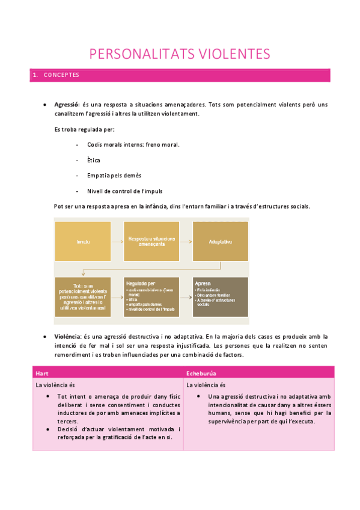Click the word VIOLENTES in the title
click(x=231, y=54)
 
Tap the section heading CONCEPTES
click(x=61, y=75)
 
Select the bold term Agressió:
click(x=67, y=105)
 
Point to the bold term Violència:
click(x=67, y=337)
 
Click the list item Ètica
click(x=93, y=160)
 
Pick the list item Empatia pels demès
click(x=114, y=176)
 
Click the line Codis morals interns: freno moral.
click(x=133, y=144)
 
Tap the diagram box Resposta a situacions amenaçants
click(x=151, y=241)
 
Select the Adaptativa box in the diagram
click(x=220, y=241)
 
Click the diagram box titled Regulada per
click(x=151, y=296)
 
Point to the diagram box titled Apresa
click(x=220, y=296)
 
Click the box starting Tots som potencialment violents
click(x=83, y=296)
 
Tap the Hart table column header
click(x=42, y=373)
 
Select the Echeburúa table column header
click(x=202, y=373)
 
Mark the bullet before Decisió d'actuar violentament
click(x=48, y=429)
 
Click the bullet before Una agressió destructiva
click(x=199, y=397)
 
